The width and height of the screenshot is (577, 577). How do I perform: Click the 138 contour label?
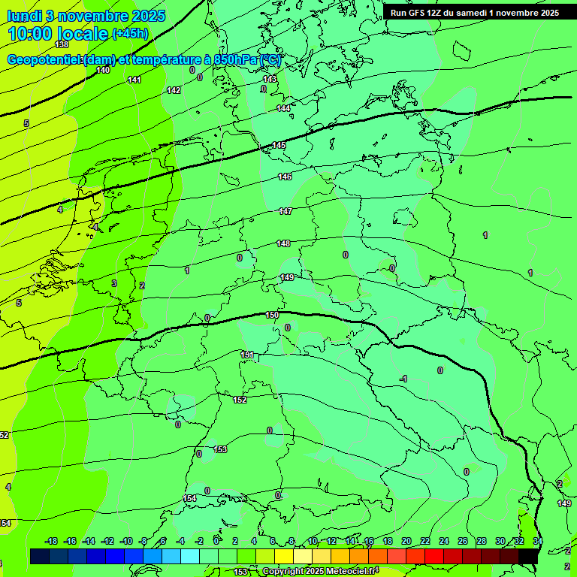point(62,45)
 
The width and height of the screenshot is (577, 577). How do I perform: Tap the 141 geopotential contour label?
point(134,80)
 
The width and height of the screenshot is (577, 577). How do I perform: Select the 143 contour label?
point(270,79)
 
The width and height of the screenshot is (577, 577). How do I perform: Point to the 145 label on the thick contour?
point(279,145)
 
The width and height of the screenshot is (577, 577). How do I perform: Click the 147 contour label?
point(285,211)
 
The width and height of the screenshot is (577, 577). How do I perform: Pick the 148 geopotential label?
point(283,243)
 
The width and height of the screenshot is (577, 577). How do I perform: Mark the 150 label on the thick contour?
point(272,315)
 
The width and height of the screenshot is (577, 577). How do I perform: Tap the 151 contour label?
point(247,355)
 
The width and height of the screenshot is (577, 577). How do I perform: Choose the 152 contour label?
point(240,400)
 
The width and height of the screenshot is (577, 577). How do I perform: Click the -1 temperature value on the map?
point(403,379)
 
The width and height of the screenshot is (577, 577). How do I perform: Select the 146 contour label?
point(285,177)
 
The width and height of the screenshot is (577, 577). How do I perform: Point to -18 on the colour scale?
point(52,541)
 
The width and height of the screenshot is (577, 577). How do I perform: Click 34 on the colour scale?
point(538,541)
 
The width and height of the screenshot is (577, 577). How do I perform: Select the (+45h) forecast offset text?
point(130,33)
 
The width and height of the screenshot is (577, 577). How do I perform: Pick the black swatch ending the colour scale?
point(528,555)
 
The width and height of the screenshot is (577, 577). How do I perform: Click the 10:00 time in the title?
point(30,33)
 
